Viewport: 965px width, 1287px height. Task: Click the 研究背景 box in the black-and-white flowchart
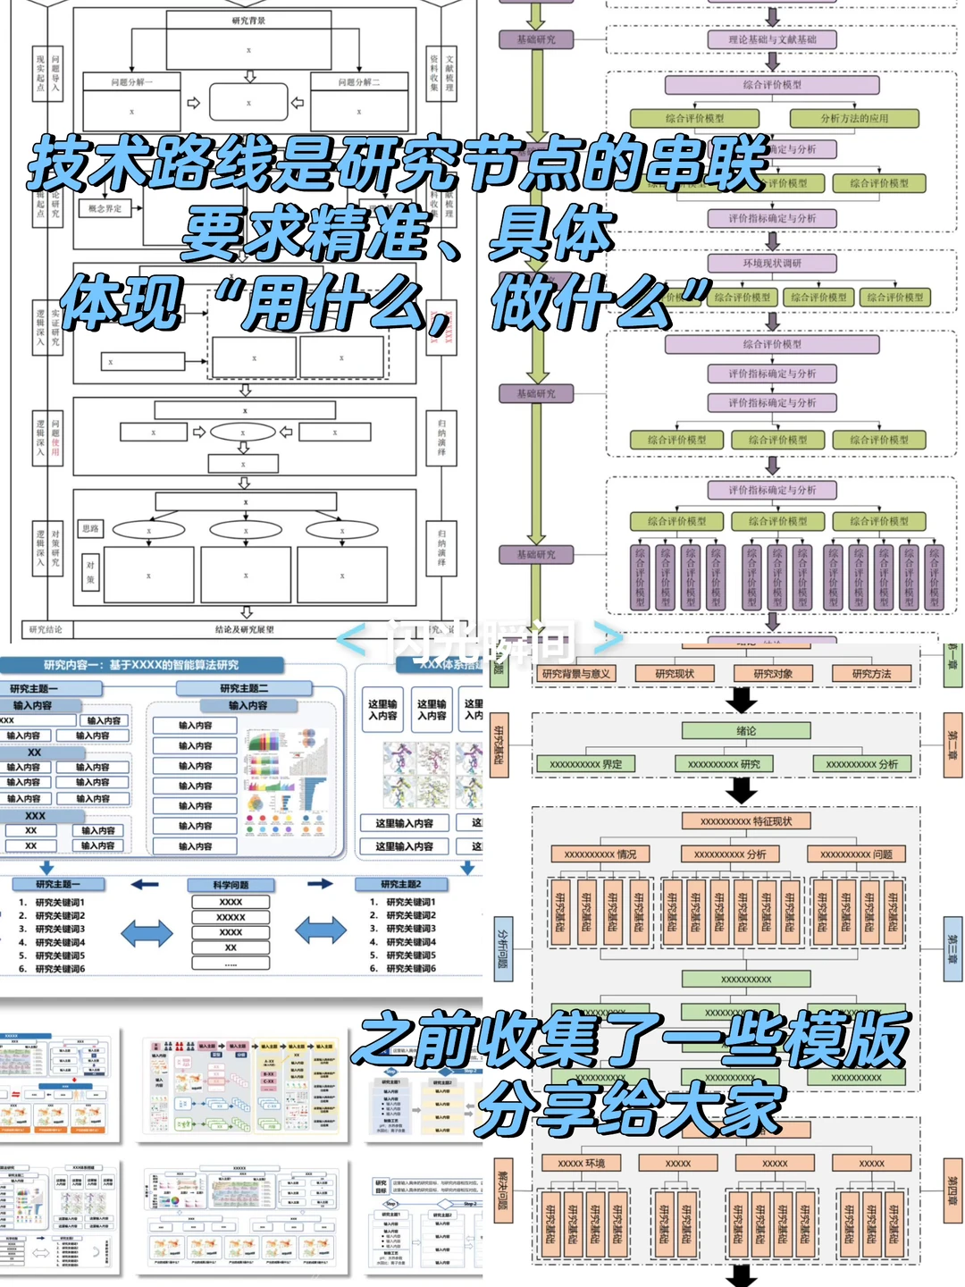pyautogui.click(x=248, y=21)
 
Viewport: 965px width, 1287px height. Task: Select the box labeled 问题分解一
pyautogui.click(x=131, y=82)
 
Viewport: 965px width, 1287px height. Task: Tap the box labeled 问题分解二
pyautogui.click(x=358, y=82)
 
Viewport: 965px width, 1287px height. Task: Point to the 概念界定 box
pyautogui.click(x=105, y=209)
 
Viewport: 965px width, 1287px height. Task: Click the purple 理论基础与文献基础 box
pyautogui.click(x=772, y=39)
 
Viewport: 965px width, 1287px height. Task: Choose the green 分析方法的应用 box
pyautogui.click(x=854, y=118)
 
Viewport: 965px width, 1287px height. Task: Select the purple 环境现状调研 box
pyautogui.click(x=772, y=264)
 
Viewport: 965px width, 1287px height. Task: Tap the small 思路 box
pyautogui.click(x=90, y=529)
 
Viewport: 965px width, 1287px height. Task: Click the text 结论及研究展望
pyautogui.click(x=245, y=630)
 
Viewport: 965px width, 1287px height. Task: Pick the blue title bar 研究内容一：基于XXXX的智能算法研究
pyautogui.click(x=141, y=665)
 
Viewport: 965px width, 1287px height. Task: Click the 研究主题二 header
pyautogui.click(x=244, y=688)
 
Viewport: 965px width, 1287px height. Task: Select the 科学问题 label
pyautogui.click(x=231, y=885)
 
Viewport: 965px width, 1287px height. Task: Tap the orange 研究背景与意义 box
pyautogui.click(x=576, y=674)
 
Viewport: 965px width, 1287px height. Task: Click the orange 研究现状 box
pyautogui.click(x=675, y=674)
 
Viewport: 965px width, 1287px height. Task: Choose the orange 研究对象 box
pyautogui.click(x=773, y=674)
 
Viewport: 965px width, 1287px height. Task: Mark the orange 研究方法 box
pyautogui.click(x=871, y=674)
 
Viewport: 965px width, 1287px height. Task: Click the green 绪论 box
pyautogui.click(x=746, y=731)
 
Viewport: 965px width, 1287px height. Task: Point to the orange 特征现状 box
pyautogui.click(x=746, y=821)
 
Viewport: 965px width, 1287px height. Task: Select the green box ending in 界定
pyautogui.click(x=586, y=764)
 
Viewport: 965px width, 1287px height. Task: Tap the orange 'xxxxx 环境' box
pyautogui.click(x=582, y=1163)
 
